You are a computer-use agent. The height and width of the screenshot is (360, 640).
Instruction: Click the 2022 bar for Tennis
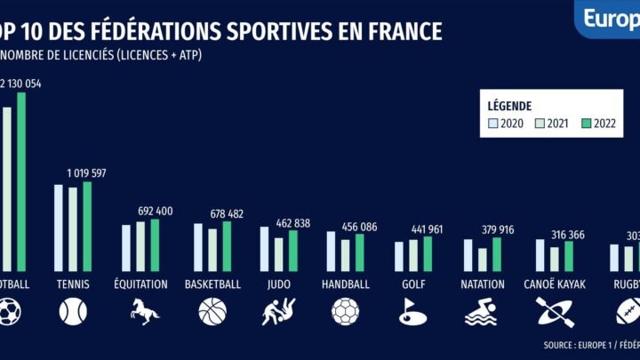(87, 227)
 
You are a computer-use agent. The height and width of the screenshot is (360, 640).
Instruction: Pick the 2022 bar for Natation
(496, 254)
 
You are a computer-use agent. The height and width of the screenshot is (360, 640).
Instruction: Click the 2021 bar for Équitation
(140, 246)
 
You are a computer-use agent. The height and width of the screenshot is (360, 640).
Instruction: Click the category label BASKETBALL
(212, 284)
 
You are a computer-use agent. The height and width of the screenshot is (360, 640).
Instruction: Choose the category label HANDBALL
(345, 284)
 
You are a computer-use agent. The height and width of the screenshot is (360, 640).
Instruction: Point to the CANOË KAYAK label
(552, 284)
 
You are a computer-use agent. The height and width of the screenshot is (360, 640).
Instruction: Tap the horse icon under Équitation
(146, 311)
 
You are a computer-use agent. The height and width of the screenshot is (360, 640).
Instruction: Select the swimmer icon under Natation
(484, 311)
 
